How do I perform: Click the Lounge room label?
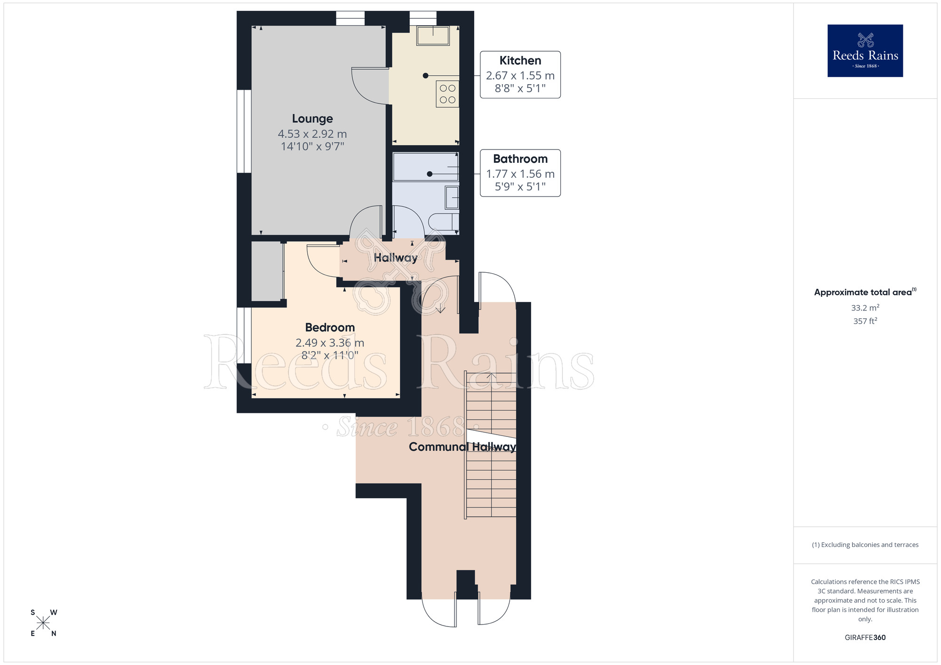pyautogui.click(x=312, y=119)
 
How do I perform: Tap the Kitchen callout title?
pyautogui.click(x=520, y=61)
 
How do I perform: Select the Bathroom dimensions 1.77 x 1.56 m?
pyautogui.click(x=520, y=174)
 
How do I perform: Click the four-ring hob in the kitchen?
pyautogui.click(x=447, y=94)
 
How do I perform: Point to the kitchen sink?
pyautogui.click(x=433, y=35)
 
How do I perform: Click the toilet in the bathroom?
pyautogui.click(x=444, y=221)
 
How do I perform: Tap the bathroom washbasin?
pyautogui.click(x=452, y=198)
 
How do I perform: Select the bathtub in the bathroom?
pyautogui.click(x=425, y=166)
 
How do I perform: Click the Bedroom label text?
pyautogui.click(x=330, y=327)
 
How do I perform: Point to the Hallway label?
pyautogui.click(x=395, y=258)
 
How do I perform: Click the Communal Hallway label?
pyautogui.click(x=462, y=447)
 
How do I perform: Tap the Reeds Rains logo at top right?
pyautogui.click(x=865, y=51)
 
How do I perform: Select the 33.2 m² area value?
pyautogui.click(x=865, y=308)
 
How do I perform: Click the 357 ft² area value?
pyautogui.click(x=865, y=321)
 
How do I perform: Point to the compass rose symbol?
pyautogui.click(x=43, y=623)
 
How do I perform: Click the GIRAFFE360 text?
pyautogui.click(x=865, y=638)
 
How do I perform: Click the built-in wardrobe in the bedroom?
pyautogui.click(x=267, y=271)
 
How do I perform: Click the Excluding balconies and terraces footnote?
pyautogui.click(x=865, y=545)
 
